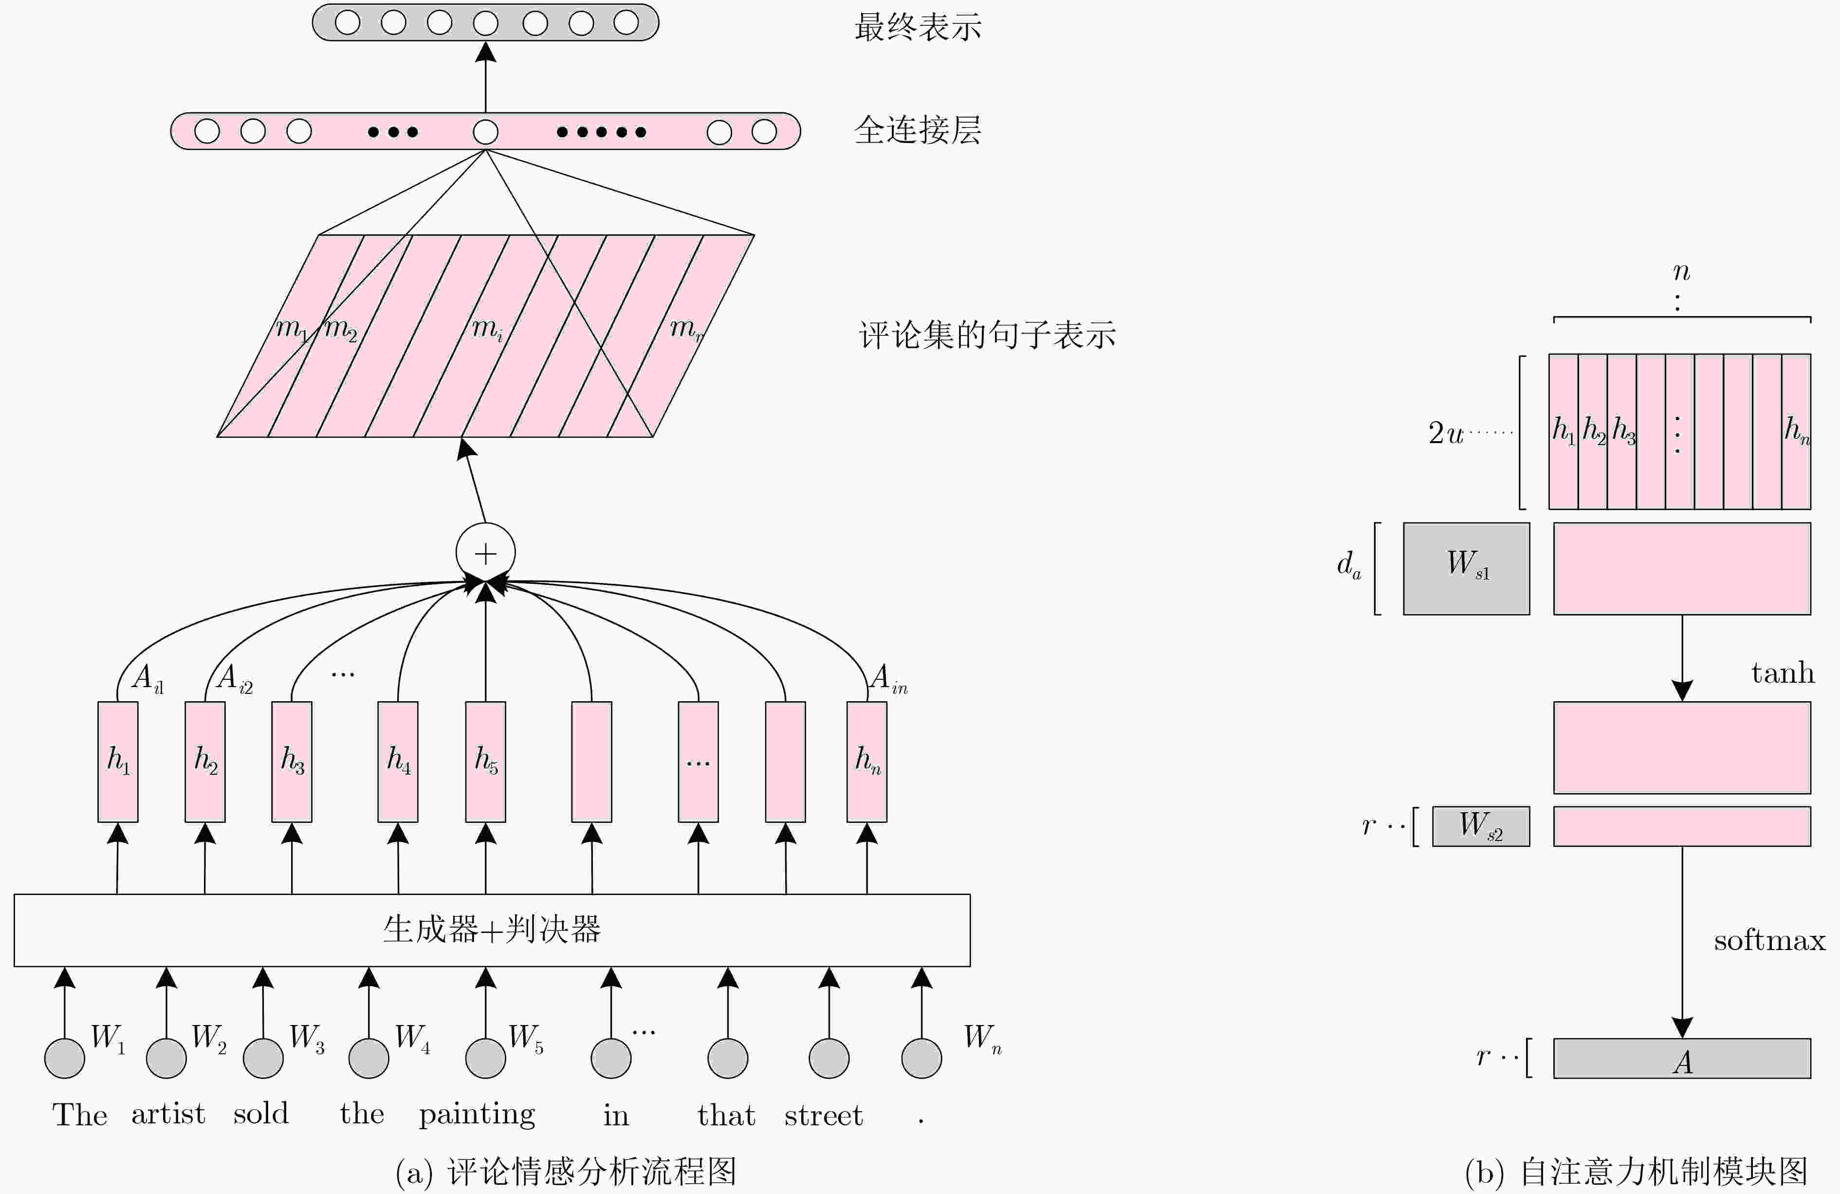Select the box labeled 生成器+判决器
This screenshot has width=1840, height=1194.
[492, 930]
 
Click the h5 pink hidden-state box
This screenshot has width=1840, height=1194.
[485, 762]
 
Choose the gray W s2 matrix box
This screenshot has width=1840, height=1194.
[1480, 826]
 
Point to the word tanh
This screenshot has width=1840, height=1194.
[1783, 673]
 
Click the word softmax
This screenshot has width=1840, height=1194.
[1769, 940]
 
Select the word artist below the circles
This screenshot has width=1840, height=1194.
[168, 1114]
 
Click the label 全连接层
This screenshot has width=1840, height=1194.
[918, 130]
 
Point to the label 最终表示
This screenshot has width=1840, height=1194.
[918, 27]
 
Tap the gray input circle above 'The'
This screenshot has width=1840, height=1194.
[65, 1058]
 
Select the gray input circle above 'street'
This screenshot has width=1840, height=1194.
[829, 1058]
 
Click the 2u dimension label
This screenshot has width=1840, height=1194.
[1445, 433]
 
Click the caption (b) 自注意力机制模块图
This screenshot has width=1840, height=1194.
[1636, 1172]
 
